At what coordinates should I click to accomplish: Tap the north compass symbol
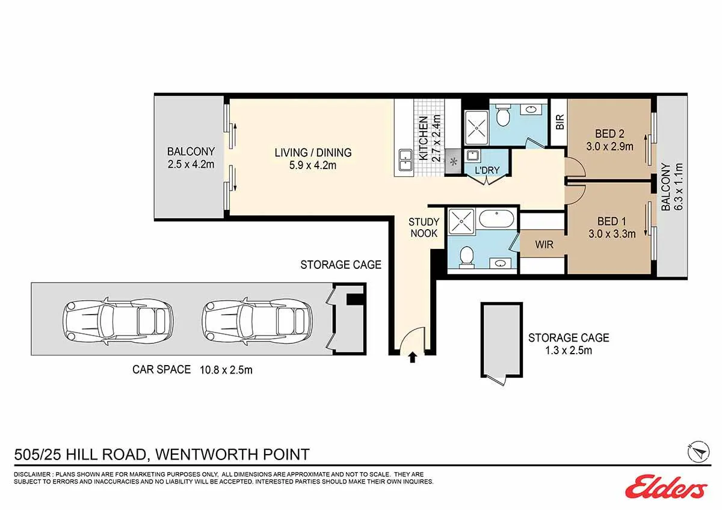[x=698, y=452]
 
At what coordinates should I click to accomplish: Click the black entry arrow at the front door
[x=412, y=358]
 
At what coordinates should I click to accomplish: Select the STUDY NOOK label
[x=424, y=227]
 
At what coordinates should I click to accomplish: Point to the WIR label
[x=544, y=245]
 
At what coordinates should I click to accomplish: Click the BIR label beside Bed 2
[x=560, y=121]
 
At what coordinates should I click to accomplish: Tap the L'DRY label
[x=487, y=170]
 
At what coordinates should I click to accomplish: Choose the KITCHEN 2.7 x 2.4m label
[x=429, y=138]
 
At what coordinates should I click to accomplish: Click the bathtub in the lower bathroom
[x=497, y=219]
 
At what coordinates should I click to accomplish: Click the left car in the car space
[x=118, y=321]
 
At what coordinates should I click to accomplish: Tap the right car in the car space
[x=258, y=321]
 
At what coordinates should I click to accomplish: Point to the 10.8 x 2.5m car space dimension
[x=226, y=370]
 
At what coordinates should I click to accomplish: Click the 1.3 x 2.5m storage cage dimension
[x=569, y=350]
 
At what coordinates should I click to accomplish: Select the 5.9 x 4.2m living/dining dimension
[x=313, y=165]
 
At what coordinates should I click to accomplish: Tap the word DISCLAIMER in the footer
[x=32, y=475]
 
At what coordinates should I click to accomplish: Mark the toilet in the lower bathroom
[x=466, y=257]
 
